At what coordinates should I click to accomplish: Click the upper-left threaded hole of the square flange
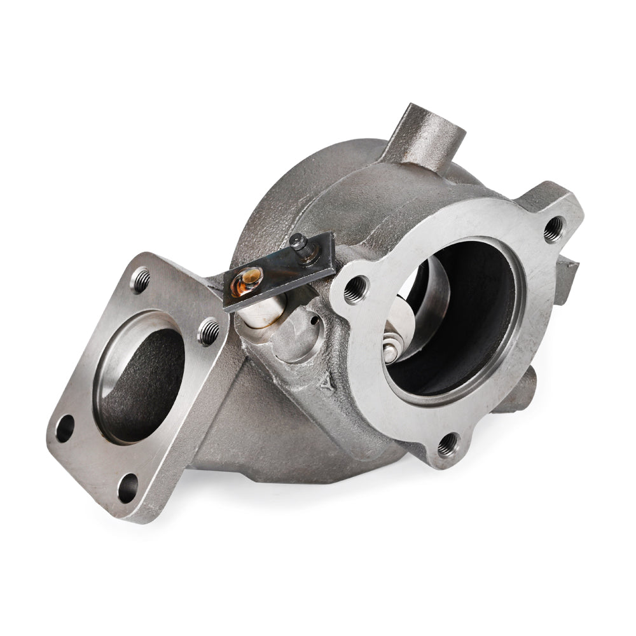point(142,278)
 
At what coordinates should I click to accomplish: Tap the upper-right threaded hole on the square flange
point(208,330)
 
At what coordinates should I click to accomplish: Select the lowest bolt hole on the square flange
point(128,487)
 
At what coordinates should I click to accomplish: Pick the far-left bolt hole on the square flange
point(65,429)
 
